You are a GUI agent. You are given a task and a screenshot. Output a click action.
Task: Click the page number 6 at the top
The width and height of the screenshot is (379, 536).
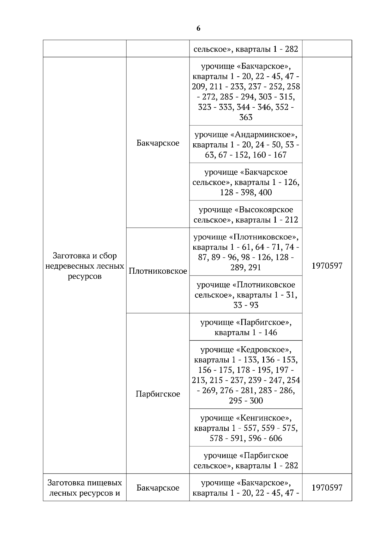coord(198,28)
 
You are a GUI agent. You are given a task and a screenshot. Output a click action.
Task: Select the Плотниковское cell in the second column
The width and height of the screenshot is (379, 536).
coord(158,271)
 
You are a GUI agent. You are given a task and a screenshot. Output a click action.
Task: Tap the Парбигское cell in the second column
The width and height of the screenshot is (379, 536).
coord(158,394)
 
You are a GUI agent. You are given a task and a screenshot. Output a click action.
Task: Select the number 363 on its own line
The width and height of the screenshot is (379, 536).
coord(246,118)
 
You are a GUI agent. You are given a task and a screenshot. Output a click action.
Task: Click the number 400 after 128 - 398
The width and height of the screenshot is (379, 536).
coord(265,193)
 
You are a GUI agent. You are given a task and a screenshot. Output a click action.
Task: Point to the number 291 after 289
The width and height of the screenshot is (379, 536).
coord(254,268)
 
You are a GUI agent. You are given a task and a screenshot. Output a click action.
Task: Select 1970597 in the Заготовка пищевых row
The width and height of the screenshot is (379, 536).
coord(327,488)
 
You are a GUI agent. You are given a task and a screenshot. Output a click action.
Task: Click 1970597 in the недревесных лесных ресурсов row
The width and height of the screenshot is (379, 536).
coord(327,266)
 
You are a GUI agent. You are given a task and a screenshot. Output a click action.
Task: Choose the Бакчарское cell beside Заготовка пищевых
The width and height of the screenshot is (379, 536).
coord(158,488)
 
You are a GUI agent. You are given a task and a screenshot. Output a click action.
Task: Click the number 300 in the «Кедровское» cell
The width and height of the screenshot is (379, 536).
coord(256,401)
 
